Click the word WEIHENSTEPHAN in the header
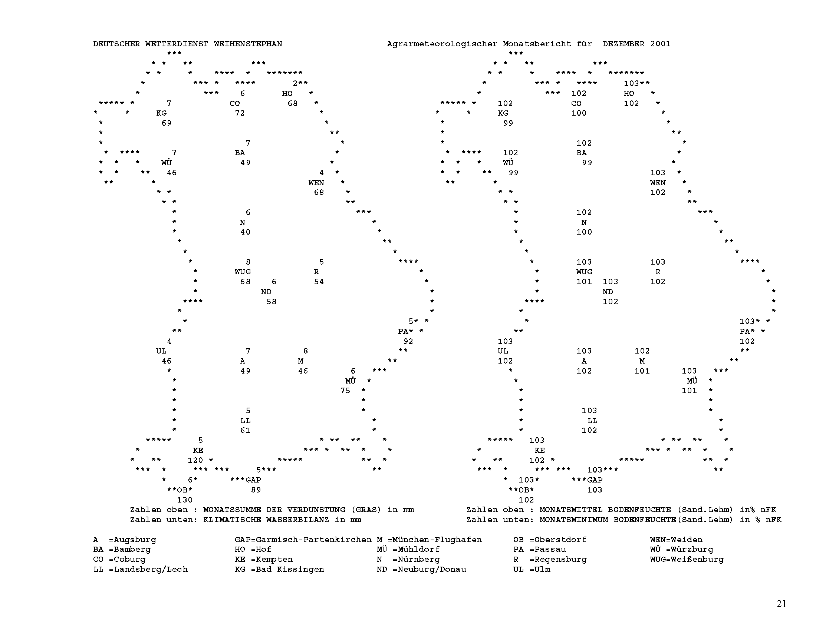tap(248, 44)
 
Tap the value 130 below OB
tap(185, 500)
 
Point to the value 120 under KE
tap(195, 460)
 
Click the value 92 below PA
tap(408, 341)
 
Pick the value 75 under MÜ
tap(345, 390)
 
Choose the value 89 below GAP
tap(256, 490)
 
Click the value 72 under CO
tap(240, 113)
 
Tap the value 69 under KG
tap(167, 123)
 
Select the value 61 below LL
tap(245, 430)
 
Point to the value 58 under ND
tap(272, 302)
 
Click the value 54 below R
tap(319, 282)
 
